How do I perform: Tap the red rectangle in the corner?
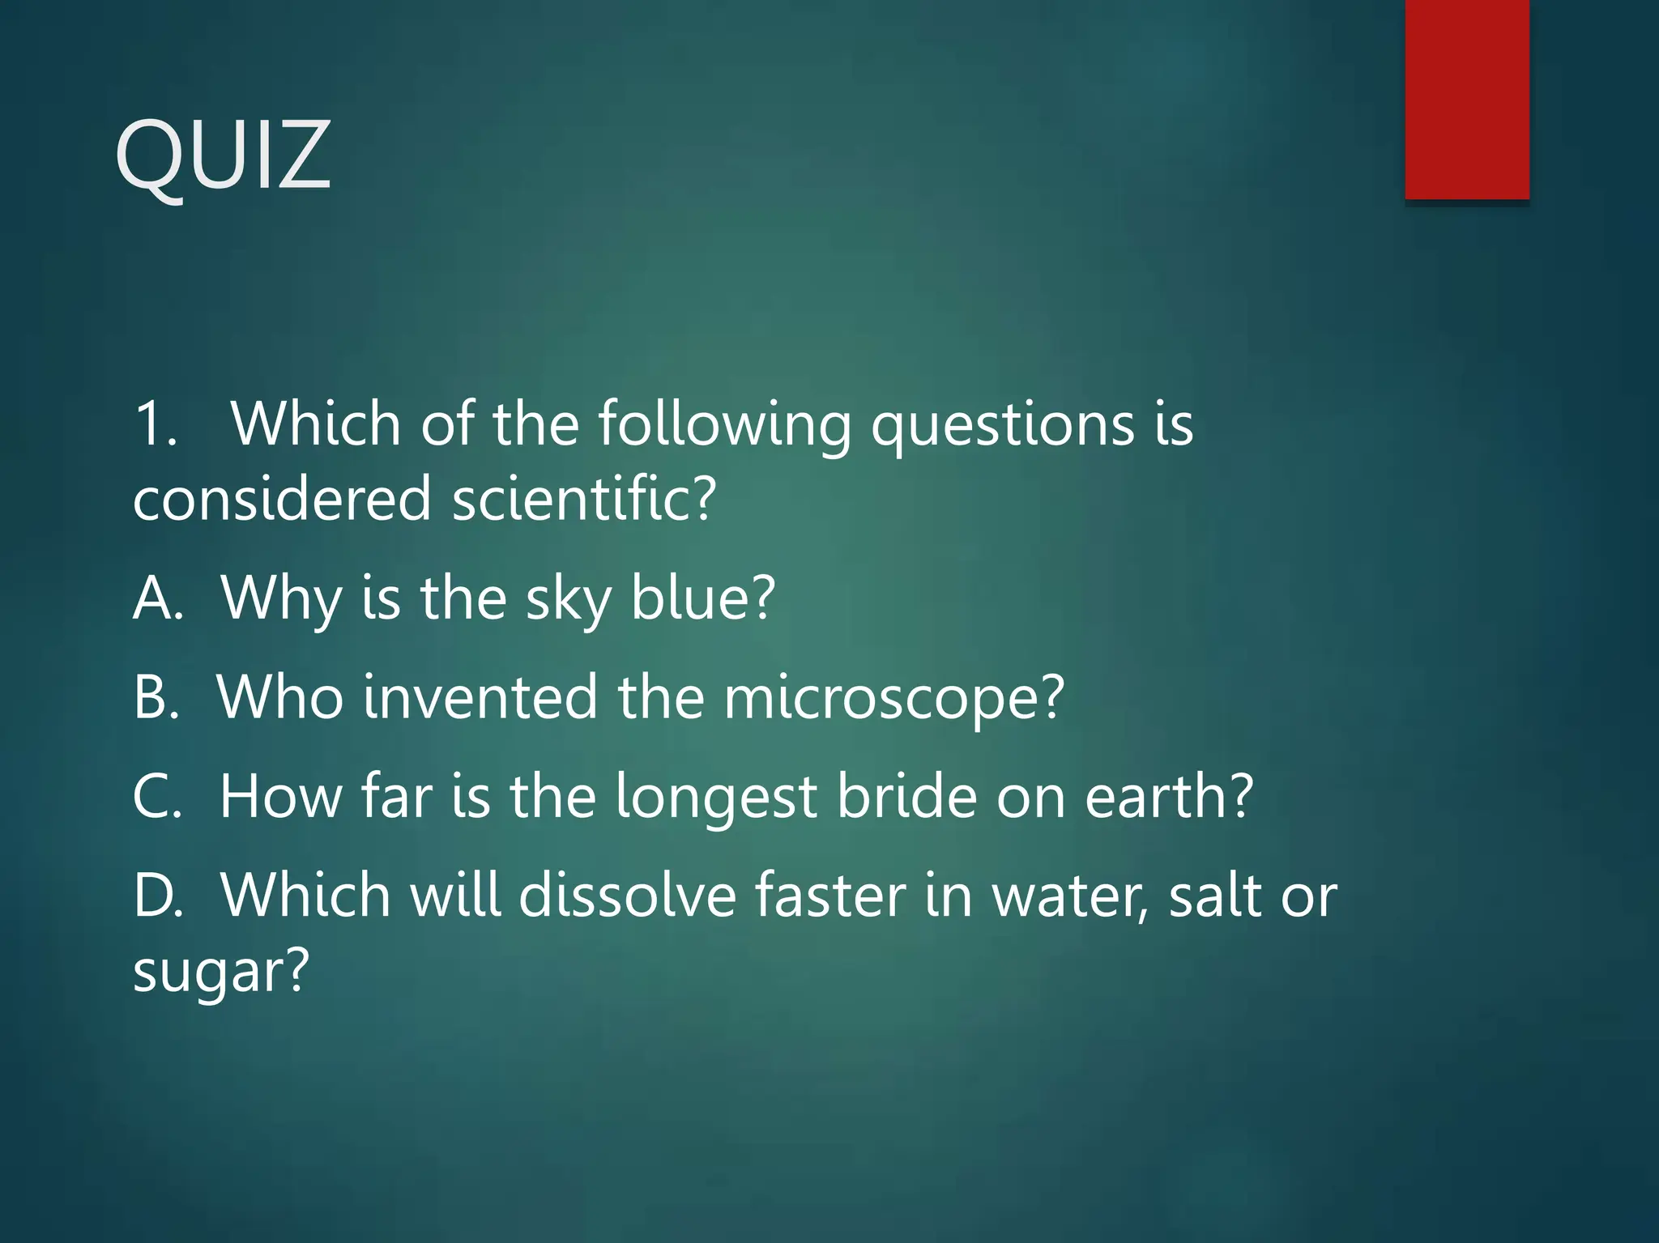pos(1467,99)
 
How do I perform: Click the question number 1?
pos(154,424)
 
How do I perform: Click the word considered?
pos(281,499)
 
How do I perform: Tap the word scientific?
pos(583,499)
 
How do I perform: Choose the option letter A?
pos(156,598)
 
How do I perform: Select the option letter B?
pos(155,697)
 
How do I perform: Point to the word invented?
pos(480,697)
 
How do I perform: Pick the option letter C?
pos(156,797)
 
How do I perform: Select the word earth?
pos(1166,797)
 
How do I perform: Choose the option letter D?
pos(157,896)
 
